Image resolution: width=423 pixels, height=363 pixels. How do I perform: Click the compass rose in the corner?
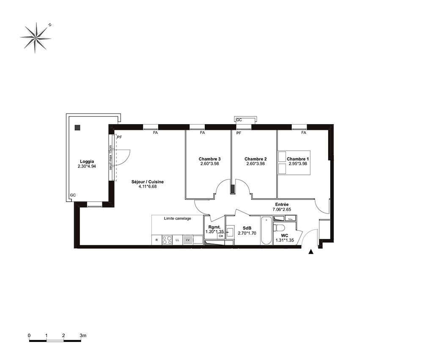coord(36,38)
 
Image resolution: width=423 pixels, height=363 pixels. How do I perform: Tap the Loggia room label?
coord(87,161)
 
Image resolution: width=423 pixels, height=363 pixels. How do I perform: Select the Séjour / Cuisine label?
coord(148,182)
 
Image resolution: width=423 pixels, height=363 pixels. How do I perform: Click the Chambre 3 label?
coord(210,159)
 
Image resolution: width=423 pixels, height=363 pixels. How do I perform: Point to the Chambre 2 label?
coord(255,159)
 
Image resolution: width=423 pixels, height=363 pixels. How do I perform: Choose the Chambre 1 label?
coord(298,159)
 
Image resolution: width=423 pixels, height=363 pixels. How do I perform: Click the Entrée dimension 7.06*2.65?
coord(282,209)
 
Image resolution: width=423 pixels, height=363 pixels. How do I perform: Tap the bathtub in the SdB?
coord(266,230)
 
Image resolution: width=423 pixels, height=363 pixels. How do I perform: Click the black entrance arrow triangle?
coord(311,252)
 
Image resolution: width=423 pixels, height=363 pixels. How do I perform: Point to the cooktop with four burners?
coord(167,240)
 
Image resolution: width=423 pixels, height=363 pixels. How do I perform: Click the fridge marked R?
coord(157,240)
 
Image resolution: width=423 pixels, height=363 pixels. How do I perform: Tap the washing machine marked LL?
coord(177,240)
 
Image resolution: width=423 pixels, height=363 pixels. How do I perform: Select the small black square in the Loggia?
coord(77,127)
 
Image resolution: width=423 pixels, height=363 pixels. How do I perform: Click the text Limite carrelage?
coord(178,218)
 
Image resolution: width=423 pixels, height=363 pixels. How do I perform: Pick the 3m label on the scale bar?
coord(83,335)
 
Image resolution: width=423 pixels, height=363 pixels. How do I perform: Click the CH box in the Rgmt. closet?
coord(221,236)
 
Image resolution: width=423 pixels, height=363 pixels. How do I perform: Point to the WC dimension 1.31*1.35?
coord(285,240)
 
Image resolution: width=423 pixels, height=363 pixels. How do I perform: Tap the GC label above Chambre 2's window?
coord(239,120)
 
